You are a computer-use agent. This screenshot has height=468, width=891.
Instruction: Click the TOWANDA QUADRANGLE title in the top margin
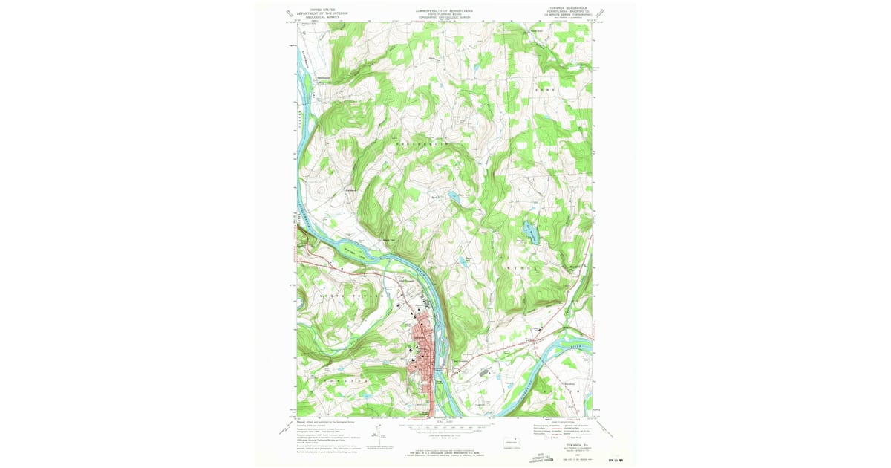point(561,10)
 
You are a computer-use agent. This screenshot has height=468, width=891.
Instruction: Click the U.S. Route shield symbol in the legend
point(538,438)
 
